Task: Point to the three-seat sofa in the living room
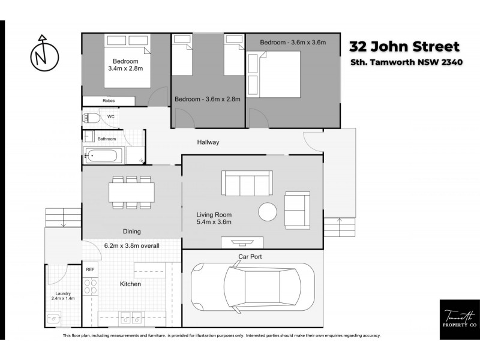pos(247,182)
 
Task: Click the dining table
pos(131,192)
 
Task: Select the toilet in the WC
pos(92,117)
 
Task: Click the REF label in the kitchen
pos(90,270)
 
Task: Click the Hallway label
pos(208,143)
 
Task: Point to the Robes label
pos(109,101)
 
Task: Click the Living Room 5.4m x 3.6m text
pos(214,218)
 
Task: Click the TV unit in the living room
pos(242,242)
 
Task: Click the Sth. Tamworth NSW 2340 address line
pos(406,63)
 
